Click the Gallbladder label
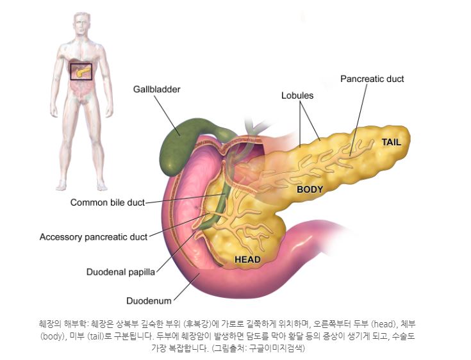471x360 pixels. pyautogui.click(x=156, y=89)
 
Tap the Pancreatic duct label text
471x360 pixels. pyautogui.click(x=372, y=79)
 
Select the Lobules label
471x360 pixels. pyautogui.click(x=297, y=95)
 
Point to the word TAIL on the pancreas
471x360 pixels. pyautogui.click(x=391, y=142)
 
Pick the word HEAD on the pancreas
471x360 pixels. pyautogui.click(x=247, y=259)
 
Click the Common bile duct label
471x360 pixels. pyautogui.click(x=107, y=203)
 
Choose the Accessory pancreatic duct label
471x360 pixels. pyautogui.click(x=94, y=236)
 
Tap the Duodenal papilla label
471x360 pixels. pyautogui.click(x=120, y=272)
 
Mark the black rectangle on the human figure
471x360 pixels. pyautogui.click(x=81, y=70)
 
